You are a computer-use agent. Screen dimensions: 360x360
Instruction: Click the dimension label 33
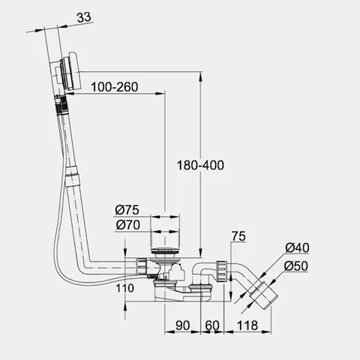[x=84, y=17]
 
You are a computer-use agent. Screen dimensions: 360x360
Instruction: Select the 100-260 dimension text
[x=115, y=87]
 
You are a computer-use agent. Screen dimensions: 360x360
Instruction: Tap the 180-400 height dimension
[x=200, y=165]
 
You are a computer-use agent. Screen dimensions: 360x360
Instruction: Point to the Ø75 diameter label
[x=127, y=210]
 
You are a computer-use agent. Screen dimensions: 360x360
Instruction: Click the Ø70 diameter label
[x=128, y=225]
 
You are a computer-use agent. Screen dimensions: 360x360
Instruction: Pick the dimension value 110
[x=124, y=288]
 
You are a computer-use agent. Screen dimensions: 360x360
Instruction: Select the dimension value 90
[x=183, y=325]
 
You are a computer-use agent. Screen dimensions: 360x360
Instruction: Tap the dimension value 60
[x=212, y=325]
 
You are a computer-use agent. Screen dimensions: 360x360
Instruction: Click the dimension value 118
[x=247, y=325]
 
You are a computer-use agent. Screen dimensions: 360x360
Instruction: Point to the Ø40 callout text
[x=297, y=247]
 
